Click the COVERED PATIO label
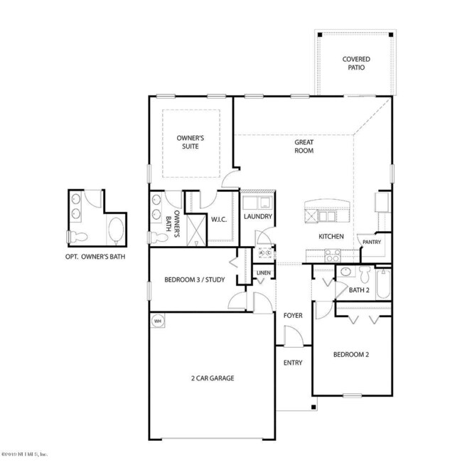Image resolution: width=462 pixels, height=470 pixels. [356, 63]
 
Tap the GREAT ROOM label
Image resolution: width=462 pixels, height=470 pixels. [304, 146]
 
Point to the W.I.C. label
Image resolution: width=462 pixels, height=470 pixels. [218, 219]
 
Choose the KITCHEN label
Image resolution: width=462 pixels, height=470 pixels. [331, 236]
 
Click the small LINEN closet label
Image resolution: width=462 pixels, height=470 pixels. [262, 272]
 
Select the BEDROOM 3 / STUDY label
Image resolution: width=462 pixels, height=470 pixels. [194, 279]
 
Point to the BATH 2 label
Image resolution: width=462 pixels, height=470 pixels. [359, 289]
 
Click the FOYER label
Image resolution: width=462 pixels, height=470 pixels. [293, 314]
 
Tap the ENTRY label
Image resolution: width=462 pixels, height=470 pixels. [293, 363]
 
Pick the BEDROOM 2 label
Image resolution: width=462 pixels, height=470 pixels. [351, 353]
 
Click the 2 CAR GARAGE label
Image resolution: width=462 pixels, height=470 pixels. [211, 378]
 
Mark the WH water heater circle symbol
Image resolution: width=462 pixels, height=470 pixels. [157, 321]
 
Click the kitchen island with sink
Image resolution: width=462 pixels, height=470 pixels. [326, 213]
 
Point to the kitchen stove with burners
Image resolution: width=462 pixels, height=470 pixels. [332, 254]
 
